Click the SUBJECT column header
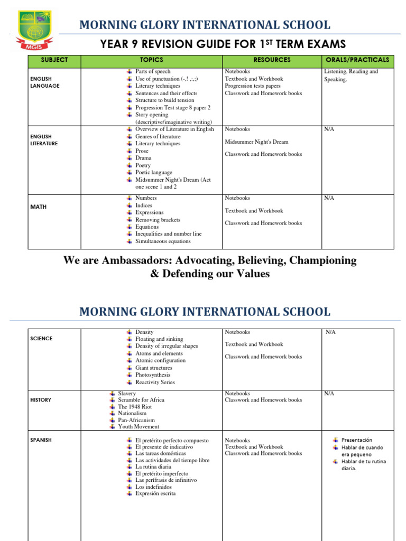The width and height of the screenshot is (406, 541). [54, 60]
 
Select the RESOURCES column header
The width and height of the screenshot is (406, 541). [272, 60]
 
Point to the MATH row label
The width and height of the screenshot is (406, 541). [38, 207]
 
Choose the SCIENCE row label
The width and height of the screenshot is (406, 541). [41, 339]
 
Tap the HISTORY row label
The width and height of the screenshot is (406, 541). [41, 400]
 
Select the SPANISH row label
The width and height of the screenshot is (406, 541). [41, 440]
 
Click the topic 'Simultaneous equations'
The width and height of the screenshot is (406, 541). [163, 241]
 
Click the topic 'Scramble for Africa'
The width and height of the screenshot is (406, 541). [141, 400]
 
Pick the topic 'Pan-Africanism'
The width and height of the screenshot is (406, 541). [136, 420]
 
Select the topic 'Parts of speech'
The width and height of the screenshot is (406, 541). [153, 71]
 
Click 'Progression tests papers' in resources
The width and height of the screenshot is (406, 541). [253, 86]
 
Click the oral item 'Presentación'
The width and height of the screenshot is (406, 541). [357, 440]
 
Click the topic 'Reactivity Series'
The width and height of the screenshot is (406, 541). [155, 382]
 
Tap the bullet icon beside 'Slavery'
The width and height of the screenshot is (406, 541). [113, 394]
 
